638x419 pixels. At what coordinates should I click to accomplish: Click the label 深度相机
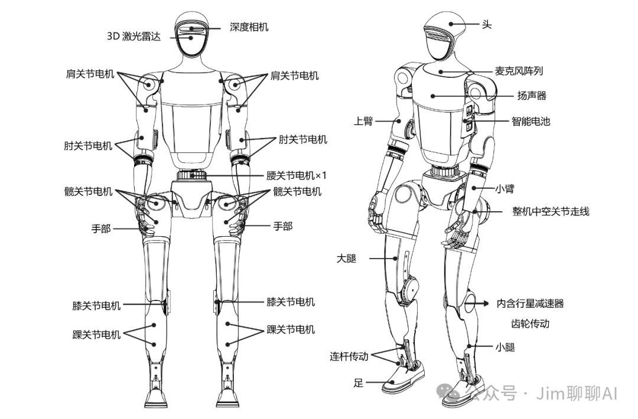pyautogui.click(x=249, y=27)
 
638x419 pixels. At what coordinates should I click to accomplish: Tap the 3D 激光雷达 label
pyautogui.click(x=137, y=35)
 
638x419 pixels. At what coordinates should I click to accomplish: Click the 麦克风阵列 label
pyautogui.click(x=519, y=71)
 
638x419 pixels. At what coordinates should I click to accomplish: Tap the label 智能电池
pyautogui.click(x=530, y=122)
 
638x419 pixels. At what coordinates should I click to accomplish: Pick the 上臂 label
pyautogui.click(x=363, y=122)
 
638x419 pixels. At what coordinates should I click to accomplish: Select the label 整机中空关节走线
pyautogui.click(x=551, y=211)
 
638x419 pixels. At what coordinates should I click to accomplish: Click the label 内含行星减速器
pyautogui.click(x=530, y=303)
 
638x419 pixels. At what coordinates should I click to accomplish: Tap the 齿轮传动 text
pyautogui.click(x=530, y=324)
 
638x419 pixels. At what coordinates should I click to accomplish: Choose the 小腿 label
pyautogui.click(x=505, y=348)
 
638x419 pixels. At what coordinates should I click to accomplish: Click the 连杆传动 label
pyautogui.click(x=349, y=356)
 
